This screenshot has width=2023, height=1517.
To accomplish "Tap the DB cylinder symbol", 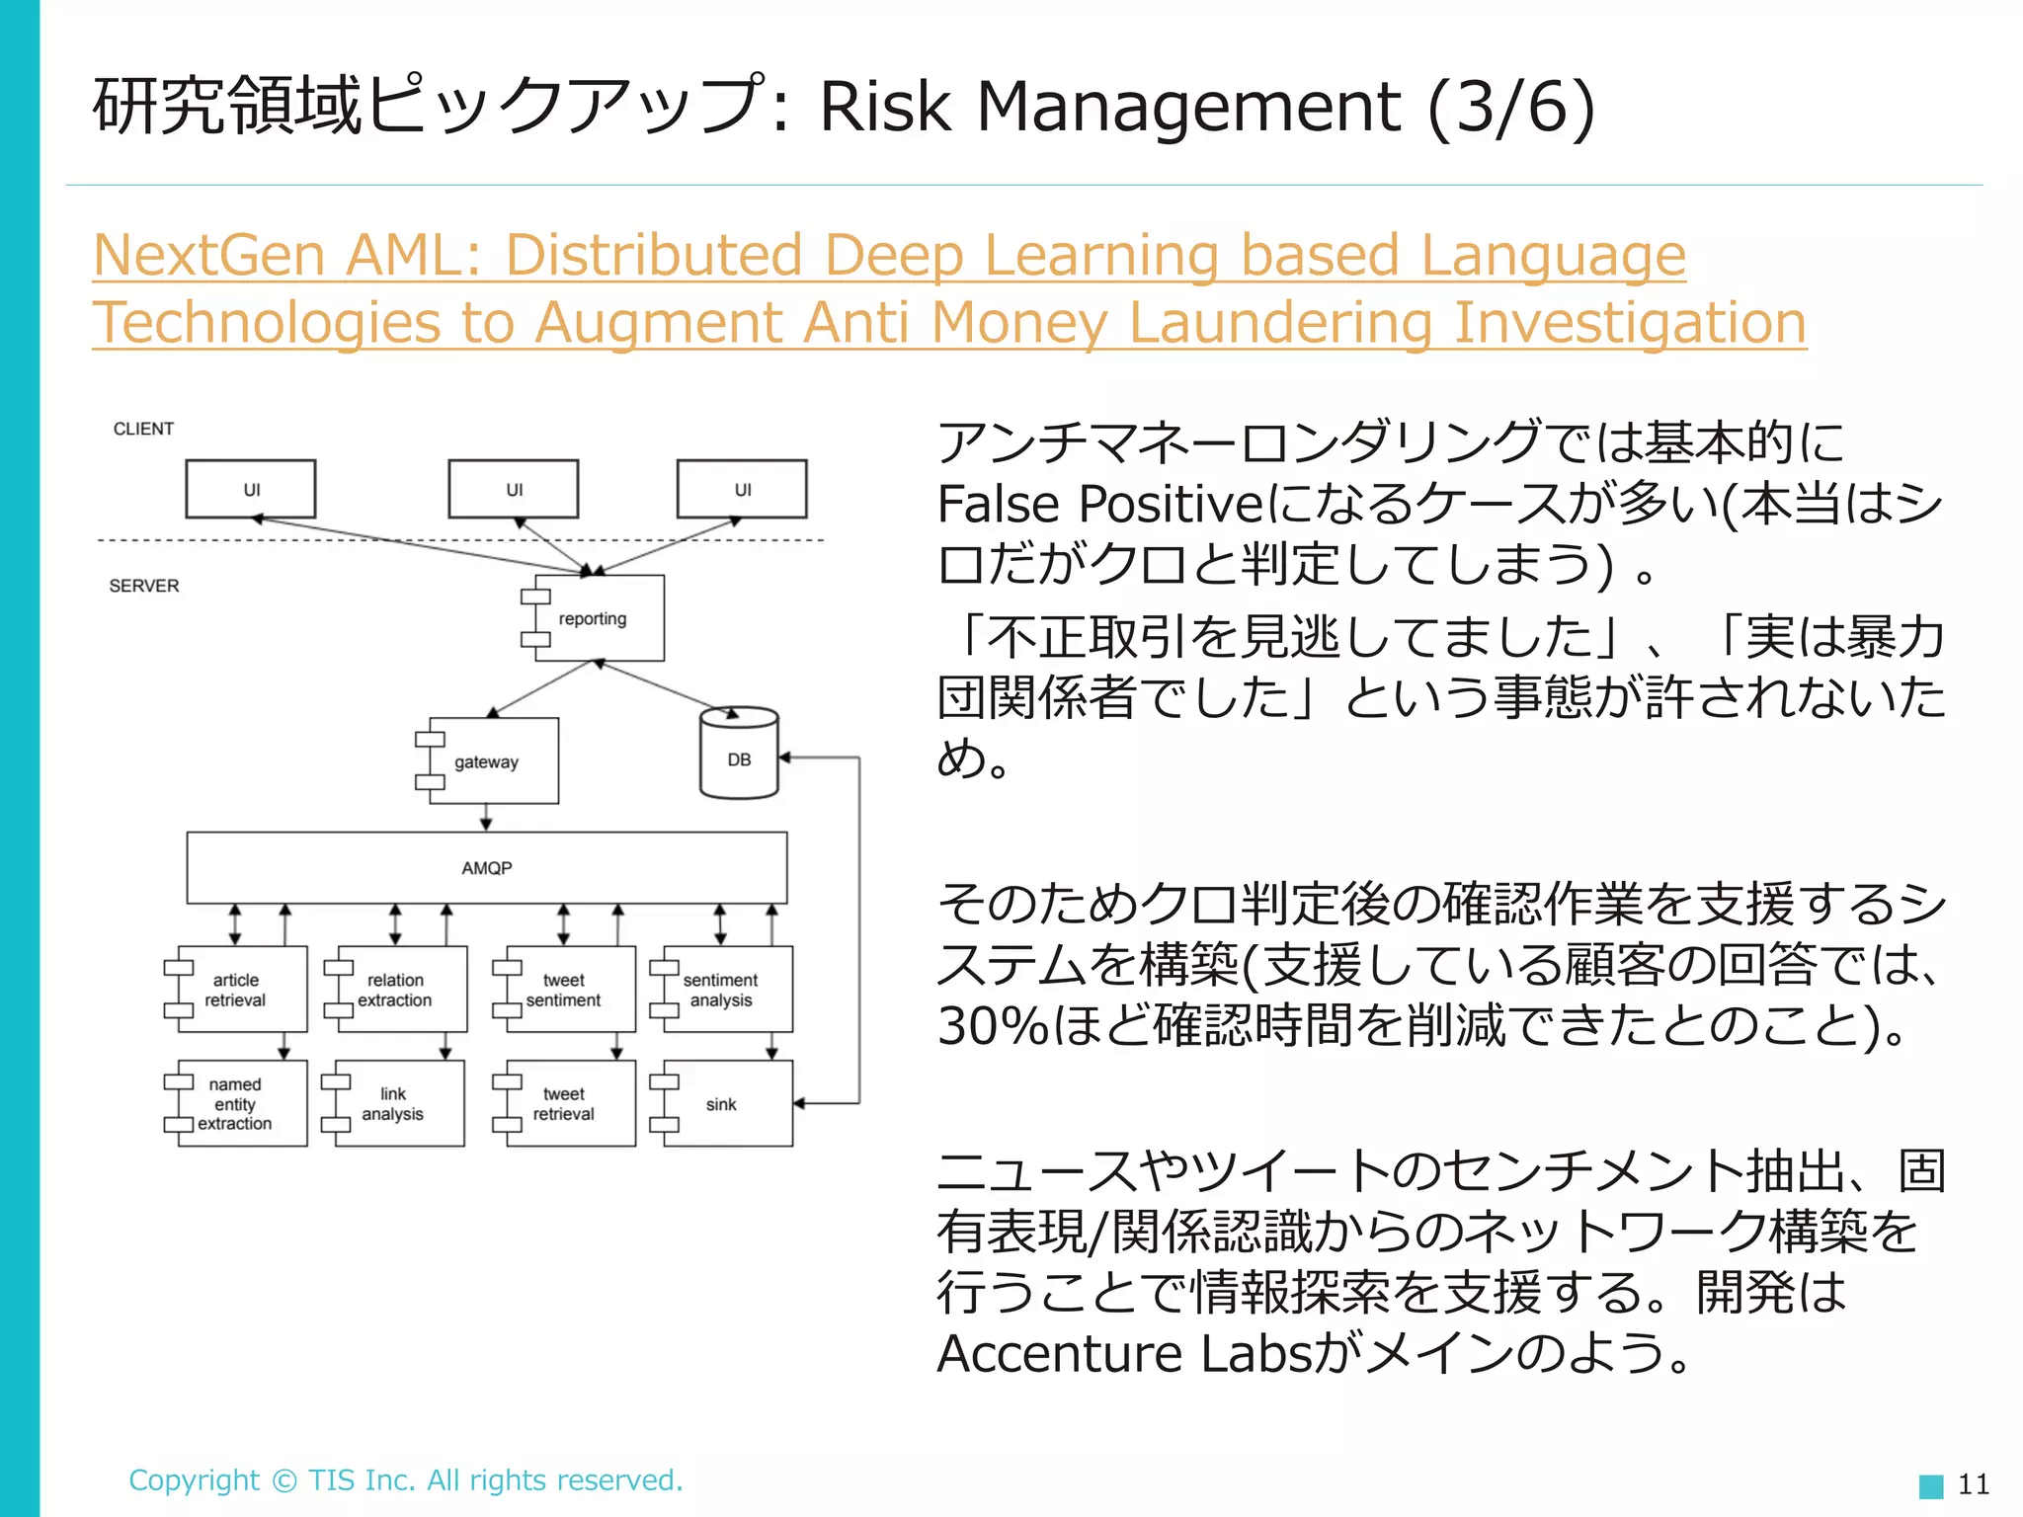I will [x=739, y=756].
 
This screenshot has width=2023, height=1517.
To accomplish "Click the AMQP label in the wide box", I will [x=487, y=868].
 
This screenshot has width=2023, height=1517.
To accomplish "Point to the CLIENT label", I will [x=143, y=429].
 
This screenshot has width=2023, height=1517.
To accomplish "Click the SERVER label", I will [x=144, y=586].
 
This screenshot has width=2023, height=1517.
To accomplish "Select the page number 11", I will [x=1973, y=1484].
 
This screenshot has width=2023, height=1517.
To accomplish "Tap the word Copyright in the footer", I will [x=195, y=1480].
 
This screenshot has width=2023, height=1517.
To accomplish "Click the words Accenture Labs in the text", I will [x=1124, y=1354].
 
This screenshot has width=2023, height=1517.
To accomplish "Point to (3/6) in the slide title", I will [x=1510, y=106].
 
